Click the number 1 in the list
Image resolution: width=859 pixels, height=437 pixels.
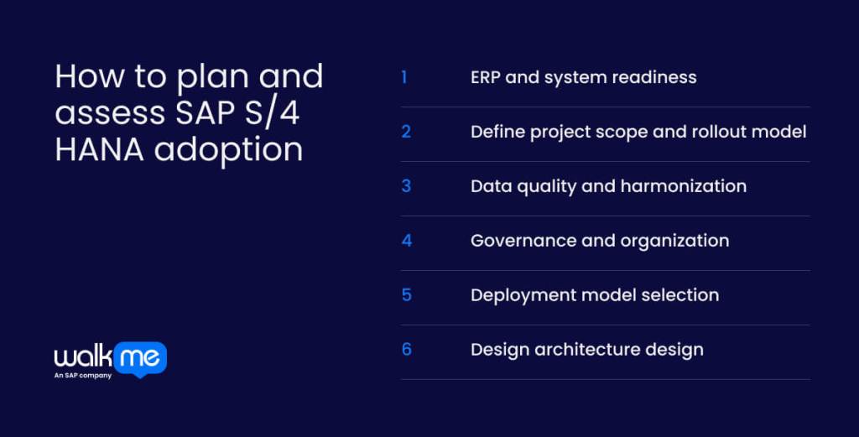pos(404,77)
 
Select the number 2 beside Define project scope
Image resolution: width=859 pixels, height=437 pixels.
pos(406,132)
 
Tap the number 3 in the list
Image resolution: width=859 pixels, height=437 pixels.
pos(406,186)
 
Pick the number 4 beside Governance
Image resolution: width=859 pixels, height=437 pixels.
pos(406,241)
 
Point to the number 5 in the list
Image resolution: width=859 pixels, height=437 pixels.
pos(406,295)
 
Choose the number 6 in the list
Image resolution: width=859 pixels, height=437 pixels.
pos(406,350)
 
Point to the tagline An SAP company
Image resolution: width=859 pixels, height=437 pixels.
pos(83,375)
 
